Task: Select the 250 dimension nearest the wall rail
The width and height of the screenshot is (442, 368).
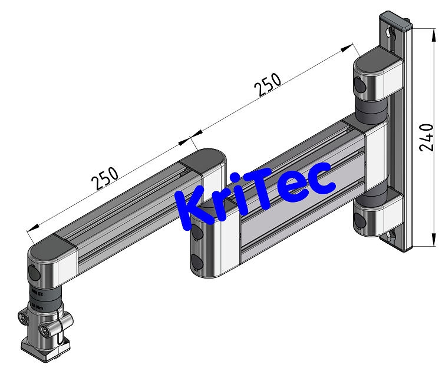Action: [267, 85]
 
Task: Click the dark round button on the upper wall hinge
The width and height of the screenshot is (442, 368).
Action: [360, 87]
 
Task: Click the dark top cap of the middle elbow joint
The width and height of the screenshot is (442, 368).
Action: [203, 159]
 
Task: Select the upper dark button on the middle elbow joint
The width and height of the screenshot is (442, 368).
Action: [197, 233]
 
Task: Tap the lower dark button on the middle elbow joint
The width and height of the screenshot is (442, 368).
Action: [196, 262]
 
